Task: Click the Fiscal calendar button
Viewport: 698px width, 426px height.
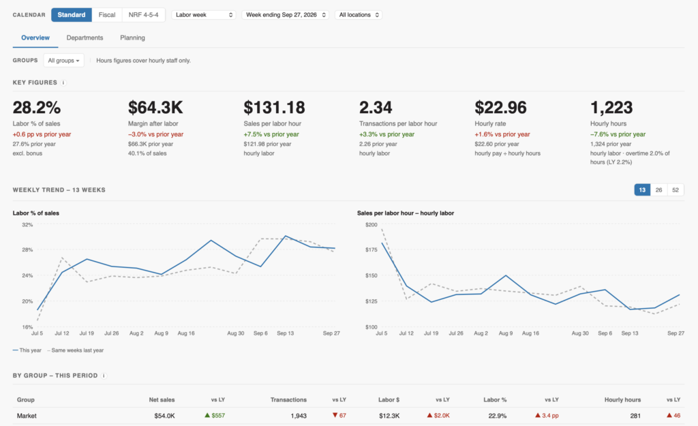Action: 107,15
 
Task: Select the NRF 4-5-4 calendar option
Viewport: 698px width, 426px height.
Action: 143,15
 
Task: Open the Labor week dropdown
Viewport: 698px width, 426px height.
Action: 204,15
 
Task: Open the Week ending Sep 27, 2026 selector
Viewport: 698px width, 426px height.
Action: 286,15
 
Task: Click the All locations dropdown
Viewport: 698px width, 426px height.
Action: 359,15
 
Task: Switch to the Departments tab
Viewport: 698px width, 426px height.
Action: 85,38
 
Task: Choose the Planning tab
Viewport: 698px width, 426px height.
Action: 132,38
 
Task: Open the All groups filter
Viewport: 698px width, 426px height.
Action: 63,61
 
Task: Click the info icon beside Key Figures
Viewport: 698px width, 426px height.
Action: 63,82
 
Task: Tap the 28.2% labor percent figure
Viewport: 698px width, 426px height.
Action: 37,107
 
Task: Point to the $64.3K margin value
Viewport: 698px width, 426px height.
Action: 155,107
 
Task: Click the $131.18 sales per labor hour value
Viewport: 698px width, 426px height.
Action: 274,107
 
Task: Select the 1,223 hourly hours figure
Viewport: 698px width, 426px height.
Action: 611,107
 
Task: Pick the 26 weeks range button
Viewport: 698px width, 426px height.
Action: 659,190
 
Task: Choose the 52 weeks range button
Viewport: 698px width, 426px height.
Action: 676,190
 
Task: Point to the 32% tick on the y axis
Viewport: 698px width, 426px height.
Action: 27,225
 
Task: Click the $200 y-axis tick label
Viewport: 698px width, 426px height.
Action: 371,225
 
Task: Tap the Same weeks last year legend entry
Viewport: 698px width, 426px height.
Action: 75,350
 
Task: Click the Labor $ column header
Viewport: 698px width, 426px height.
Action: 389,399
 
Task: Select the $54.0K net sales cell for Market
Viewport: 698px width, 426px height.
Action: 164,416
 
